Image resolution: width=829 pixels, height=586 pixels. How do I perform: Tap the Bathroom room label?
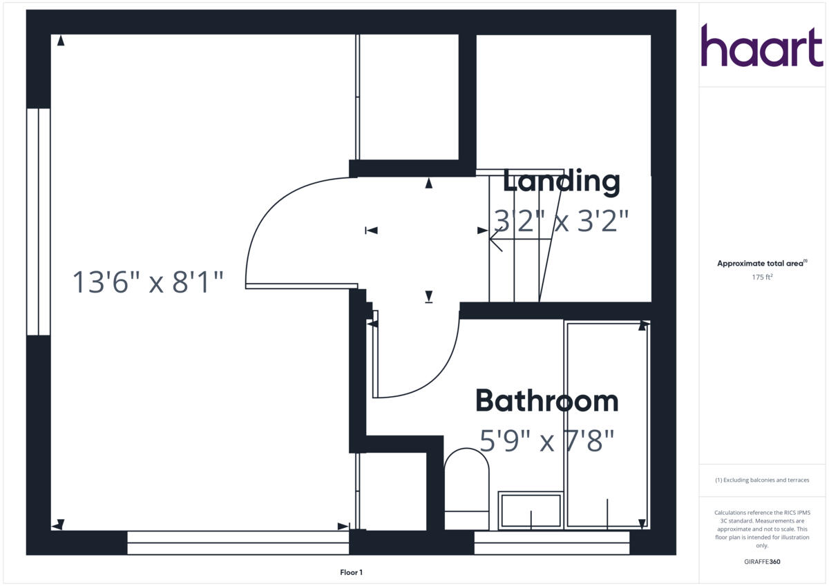click(x=546, y=401)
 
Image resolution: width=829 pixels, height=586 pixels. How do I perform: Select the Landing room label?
click(x=561, y=182)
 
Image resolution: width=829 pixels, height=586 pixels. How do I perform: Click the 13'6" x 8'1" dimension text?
click(x=149, y=282)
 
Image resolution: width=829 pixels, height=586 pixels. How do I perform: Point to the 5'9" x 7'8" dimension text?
click(x=546, y=440)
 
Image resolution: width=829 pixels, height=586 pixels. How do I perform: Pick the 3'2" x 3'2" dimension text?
click(x=561, y=221)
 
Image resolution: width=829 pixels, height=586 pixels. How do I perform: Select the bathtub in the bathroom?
click(x=607, y=424)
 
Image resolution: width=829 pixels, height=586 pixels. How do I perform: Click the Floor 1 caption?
click(x=351, y=572)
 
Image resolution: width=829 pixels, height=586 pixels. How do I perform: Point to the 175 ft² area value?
click(x=761, y=277)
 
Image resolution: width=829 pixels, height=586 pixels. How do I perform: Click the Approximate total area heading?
click(x=761, y=264)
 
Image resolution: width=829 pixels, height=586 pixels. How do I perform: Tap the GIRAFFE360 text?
click(x=761, y=562)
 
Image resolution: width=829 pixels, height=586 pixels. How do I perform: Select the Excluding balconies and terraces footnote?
click(x=761, y=480)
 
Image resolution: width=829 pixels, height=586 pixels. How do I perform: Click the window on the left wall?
click(x=39, y=222)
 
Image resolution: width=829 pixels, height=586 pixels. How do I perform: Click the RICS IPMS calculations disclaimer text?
click(x=761, y=529)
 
